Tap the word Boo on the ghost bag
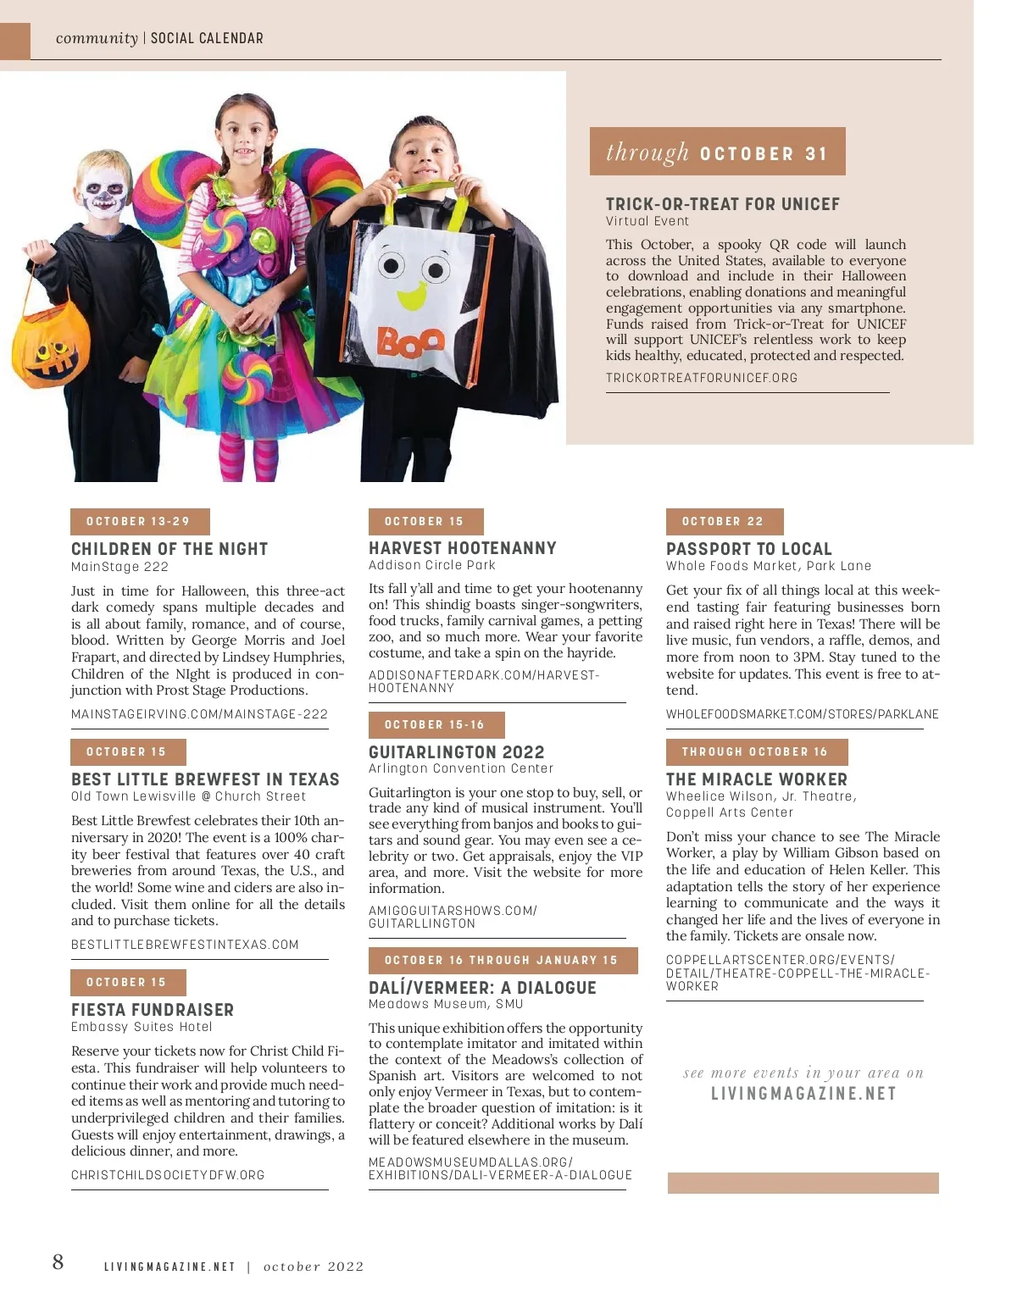pos(411,341)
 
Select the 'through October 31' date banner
pos(717,152)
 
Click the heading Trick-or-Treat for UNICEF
pos(722,204)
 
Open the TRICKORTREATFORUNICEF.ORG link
pos(701,378)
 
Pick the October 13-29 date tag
pos(139,522)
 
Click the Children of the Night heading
pos(169,549)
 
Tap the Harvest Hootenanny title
pos(462,548)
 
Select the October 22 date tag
pos(724,522)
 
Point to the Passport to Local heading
pos(748,549)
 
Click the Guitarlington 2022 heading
pos(456,752)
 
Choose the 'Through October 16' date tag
pos(756,752)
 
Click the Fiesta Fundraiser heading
pos(153,1010)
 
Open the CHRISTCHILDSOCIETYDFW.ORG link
pos(168,1175)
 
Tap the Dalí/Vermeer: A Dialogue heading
pos(482,988)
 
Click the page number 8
pos(58,1262)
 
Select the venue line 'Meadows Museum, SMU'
pos(446,1004)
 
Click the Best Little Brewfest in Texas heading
pos(205,779)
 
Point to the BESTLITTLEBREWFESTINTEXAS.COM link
pos(185,945)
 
